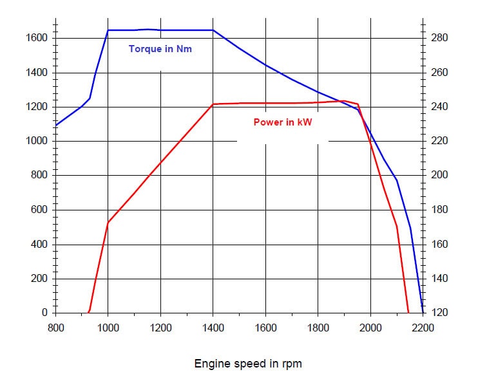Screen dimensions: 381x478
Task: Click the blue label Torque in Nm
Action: tap(160, 49)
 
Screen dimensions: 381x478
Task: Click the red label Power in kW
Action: tap(282, 122)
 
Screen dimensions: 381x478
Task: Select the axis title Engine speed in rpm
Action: tap(248, 364)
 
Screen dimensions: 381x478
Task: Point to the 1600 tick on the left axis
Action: tap(37, 38)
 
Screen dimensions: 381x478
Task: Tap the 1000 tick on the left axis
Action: tap(37, 141)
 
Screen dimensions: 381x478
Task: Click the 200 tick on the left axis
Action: tap(39, 279)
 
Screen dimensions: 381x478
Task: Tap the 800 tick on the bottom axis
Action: tap(56, 327)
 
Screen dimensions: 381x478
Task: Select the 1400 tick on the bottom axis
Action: tap(213, 327)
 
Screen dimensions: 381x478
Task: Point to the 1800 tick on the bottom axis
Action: tap(318, 327)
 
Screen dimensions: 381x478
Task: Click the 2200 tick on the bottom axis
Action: tap(423, 327)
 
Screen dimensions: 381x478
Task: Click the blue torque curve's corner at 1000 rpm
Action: tap(108, 30)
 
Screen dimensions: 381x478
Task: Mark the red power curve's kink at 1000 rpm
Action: tap(108, 222)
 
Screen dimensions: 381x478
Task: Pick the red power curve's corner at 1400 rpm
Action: tap(213, 104)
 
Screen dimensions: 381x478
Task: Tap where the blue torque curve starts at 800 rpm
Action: tap(57, 125)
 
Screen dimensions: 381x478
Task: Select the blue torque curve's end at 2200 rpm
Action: tap(423, 312)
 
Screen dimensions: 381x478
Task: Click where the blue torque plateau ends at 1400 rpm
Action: tap(213, 30)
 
